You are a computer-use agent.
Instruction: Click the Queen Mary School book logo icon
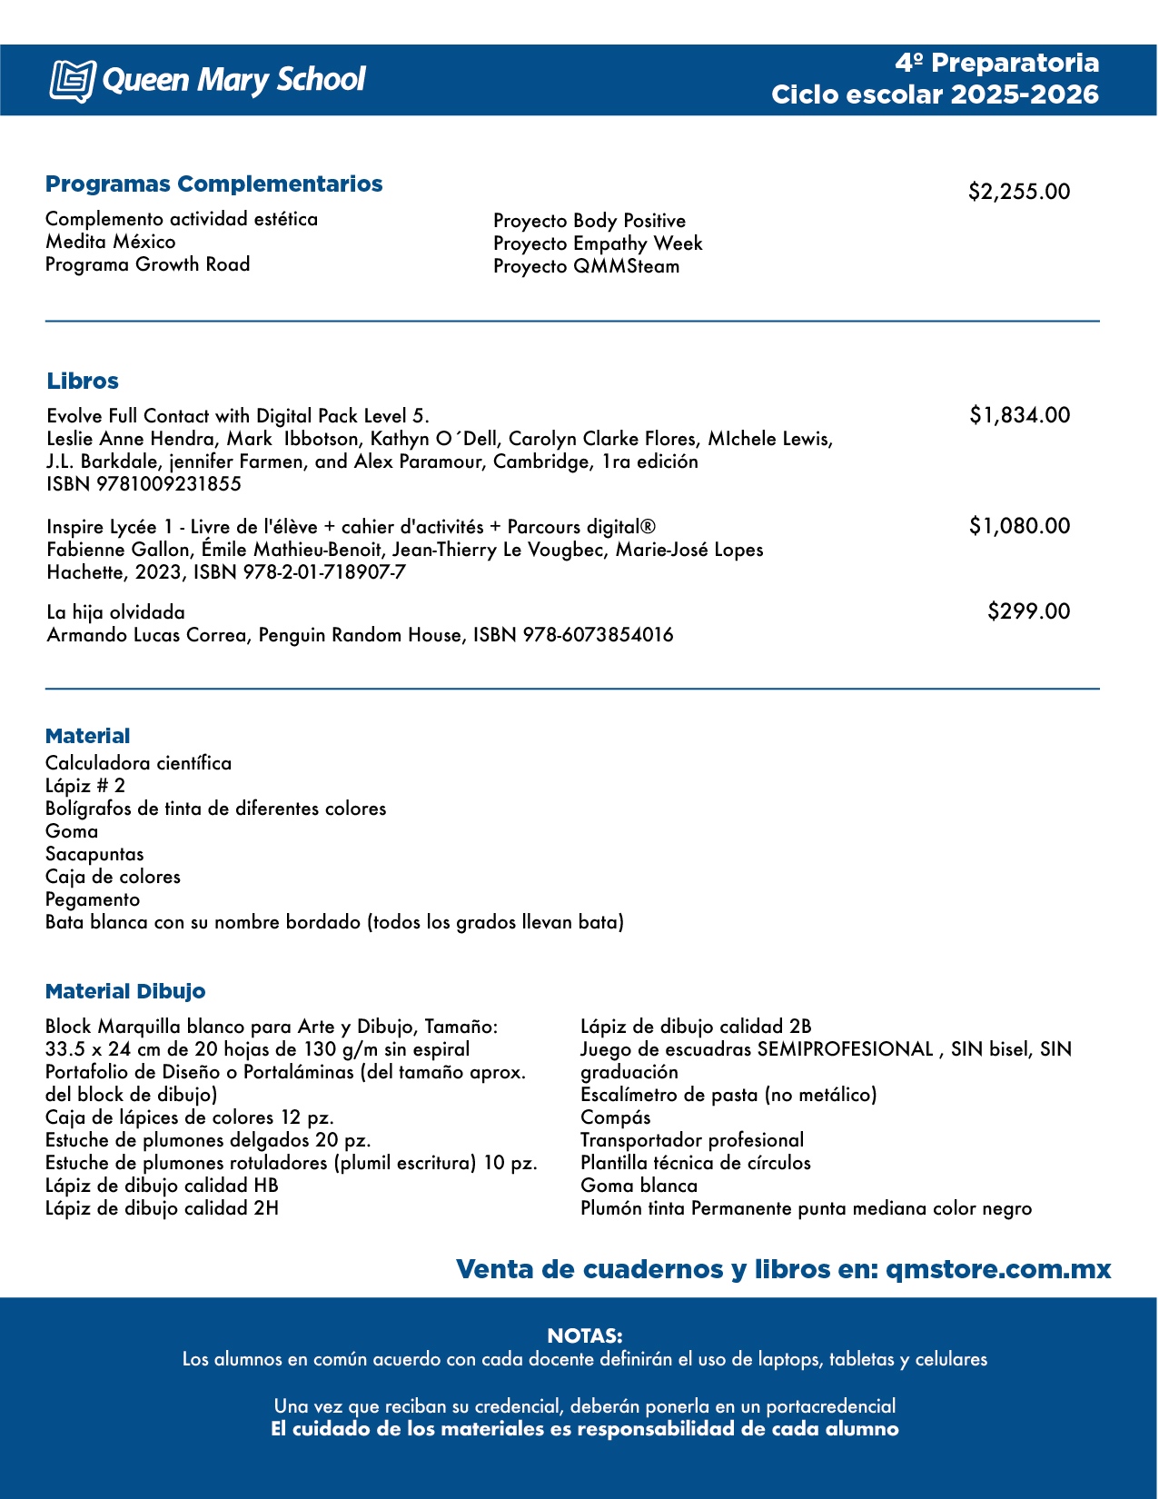(x=72, y=80)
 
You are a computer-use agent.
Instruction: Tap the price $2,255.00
(x=1018, y=192)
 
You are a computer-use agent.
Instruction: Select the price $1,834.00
(x=1019, y=415)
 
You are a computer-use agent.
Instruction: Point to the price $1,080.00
(x=1019, y=526)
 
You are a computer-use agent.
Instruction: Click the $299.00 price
(x=1028, y=611)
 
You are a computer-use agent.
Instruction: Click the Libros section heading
(x=83, y=382)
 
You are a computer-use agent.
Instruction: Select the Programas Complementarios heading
(x=213, y=184)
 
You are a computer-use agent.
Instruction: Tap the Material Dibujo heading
(x=125, y=991)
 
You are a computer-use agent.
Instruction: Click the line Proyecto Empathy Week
(x=598, y=243)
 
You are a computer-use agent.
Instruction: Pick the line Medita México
(x=111, y=242)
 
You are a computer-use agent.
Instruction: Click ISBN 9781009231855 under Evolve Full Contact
(x=144, y=484)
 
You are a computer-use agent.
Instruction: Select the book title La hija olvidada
(x=115, y=612)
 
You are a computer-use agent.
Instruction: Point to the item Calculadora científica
(x=138, y=763)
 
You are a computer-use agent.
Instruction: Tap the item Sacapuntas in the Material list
(x=94, y=854)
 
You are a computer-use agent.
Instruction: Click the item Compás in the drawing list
(x=615, y=1117)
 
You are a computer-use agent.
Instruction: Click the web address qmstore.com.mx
(x=997, y=1269)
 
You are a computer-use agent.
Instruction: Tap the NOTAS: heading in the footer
(x=584, y=1335)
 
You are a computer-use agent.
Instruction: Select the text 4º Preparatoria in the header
(x=996, y=63)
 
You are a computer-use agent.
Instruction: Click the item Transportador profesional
(x=691, y=1140)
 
